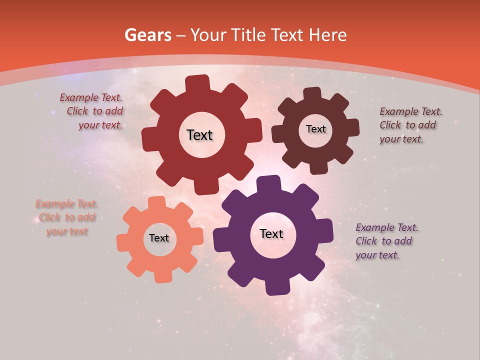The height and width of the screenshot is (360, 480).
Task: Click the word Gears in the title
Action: [147, 35]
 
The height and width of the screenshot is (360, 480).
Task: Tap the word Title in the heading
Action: [250, 35]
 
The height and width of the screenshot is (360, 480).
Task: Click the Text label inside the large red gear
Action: [199, 135]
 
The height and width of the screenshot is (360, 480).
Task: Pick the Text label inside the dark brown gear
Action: [315, 129]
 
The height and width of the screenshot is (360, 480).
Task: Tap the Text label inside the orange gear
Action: [159, 238]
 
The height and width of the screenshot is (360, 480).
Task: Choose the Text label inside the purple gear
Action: [271, 233]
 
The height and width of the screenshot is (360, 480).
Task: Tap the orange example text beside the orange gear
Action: [67, 217]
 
